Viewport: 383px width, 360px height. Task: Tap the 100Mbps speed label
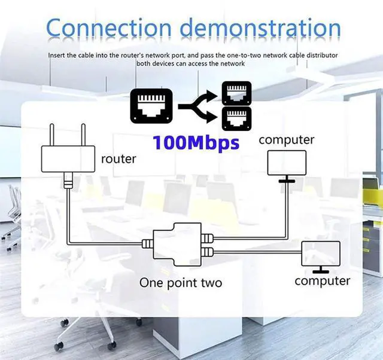pos(196,143)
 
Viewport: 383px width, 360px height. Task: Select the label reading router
pos(118,160)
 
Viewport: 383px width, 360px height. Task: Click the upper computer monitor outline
pos(286,162)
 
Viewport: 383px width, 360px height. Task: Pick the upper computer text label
pos(286,140)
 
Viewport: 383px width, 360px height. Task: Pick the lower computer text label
pos(322,280)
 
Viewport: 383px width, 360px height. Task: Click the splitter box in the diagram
pos(177,244)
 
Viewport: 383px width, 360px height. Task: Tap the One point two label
pos(181,282)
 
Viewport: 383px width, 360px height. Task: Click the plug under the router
pos(69,181)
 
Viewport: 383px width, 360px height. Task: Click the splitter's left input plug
pos(147,243)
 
